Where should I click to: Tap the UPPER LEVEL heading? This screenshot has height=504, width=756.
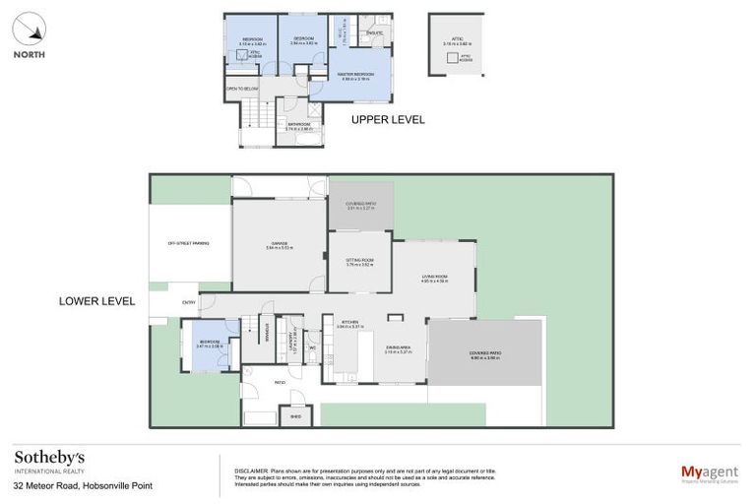[x=388, y=119]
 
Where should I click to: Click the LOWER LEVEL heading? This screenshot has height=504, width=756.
[x=96, y=300]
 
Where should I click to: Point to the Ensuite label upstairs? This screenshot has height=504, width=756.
[x=373, y=34]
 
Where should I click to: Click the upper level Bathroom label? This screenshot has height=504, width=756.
[x=298, y=126]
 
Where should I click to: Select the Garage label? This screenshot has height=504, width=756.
[x=280, y=245]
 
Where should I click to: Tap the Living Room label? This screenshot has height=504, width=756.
[x=434, y=279]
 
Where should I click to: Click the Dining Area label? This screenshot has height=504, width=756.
[x=398, y=347]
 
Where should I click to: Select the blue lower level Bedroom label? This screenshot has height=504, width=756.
[x=211, y=345]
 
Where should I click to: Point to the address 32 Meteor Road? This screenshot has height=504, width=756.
[x=83, y=485]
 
